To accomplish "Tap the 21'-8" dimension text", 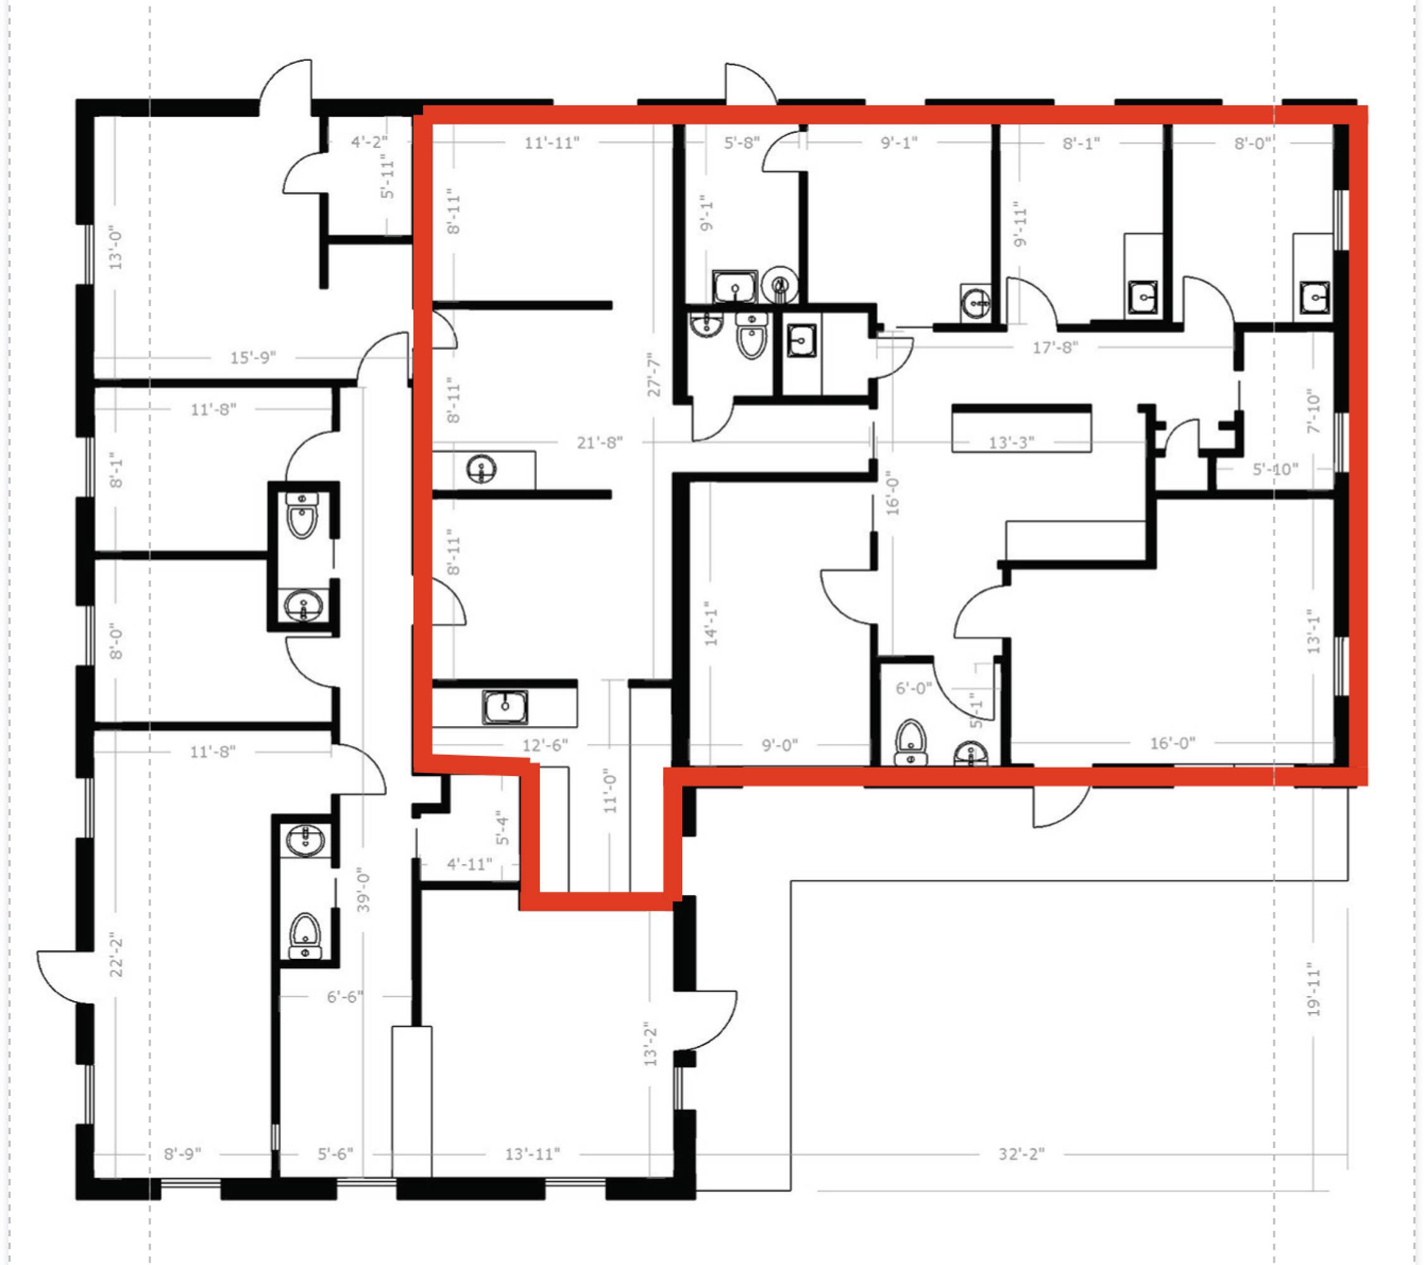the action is [x=599, y=443].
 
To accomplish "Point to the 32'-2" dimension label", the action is [x=1021, y=1154].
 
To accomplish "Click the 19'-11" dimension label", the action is [x=1313, y=990].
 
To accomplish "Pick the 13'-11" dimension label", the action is [x=532, y=1154].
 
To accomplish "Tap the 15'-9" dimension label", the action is [x=253, y=357].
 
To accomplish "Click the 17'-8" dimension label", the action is [x=1055, y=347].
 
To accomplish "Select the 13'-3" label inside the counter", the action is [x=1012, y=443].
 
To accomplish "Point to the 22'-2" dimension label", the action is [x=116, y=956].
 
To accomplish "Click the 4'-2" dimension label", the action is [x=369, y=142].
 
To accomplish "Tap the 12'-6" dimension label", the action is [x=545, y=745].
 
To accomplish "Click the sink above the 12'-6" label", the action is [x=505, y=707].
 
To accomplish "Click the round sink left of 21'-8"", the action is [x=481, y=467].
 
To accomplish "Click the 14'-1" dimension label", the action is [x=711, y=624].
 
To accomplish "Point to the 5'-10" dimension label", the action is [x=1275, y=469].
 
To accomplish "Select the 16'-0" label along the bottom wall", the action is [x=1172, y=743].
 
